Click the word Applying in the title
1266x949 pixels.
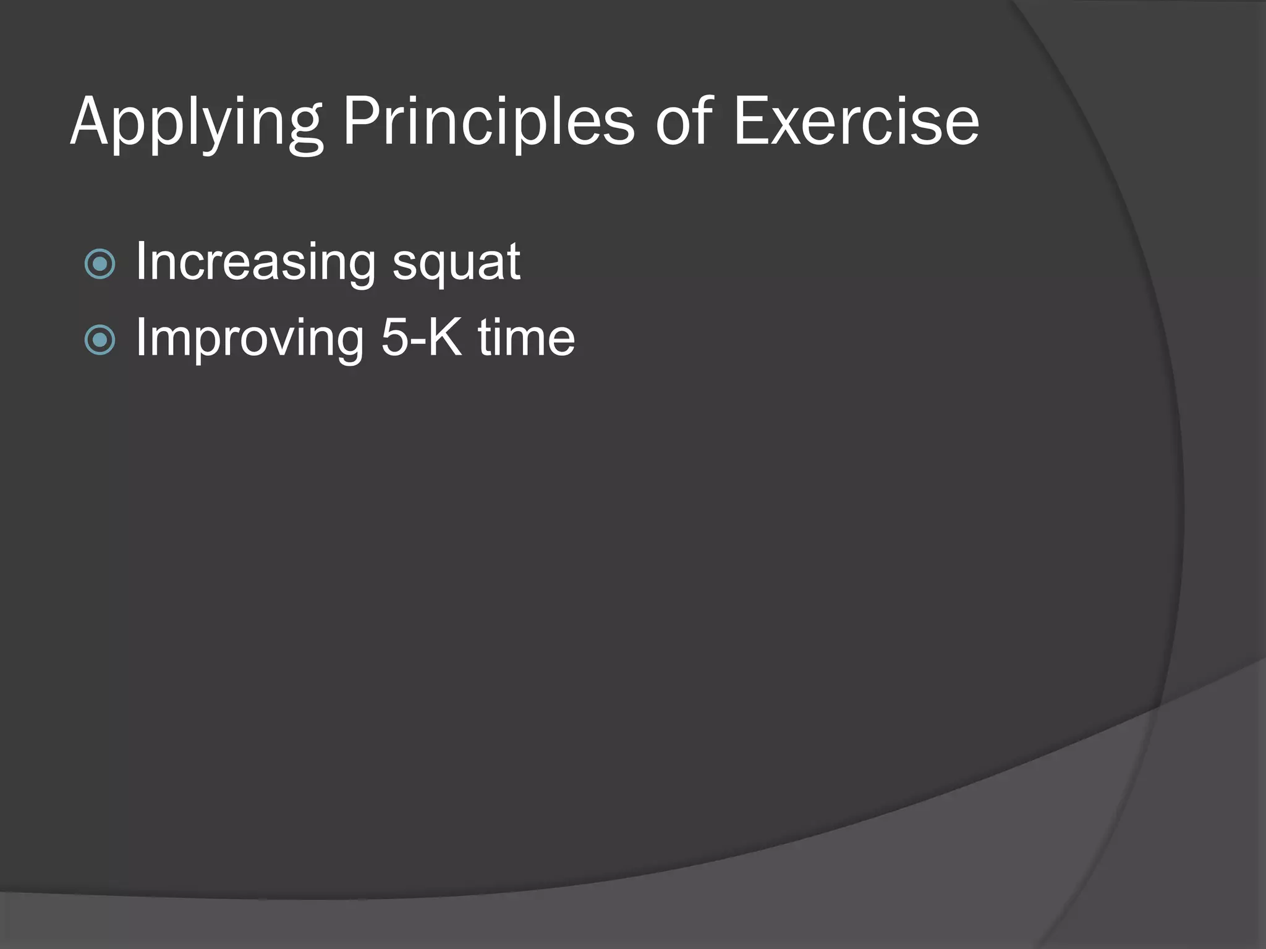tap(197, 124)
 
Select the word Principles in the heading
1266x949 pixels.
tap(488, 124)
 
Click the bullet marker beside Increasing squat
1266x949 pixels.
tap(100, 264)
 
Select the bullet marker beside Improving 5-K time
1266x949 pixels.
tap(100, 340)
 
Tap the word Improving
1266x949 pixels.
tap(250, 339)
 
